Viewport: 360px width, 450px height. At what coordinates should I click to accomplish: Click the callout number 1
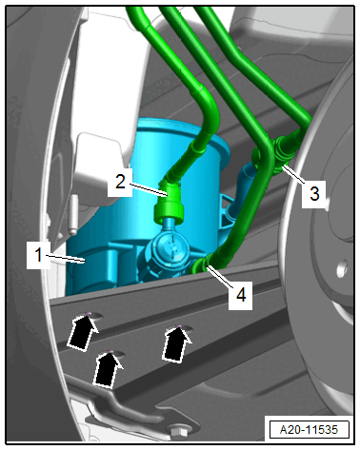tap(38, 255)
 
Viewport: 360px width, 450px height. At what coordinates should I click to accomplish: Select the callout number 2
tap(120, 182)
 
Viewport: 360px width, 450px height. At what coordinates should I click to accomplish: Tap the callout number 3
tap(314, 193)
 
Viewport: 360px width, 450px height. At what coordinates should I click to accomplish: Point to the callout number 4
tap(241, 295)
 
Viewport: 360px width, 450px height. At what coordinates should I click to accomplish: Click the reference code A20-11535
tap(309, 430)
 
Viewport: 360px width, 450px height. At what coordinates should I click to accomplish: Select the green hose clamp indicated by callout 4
tap(201, 265)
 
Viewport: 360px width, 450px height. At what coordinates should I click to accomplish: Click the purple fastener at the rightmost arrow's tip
tap(179, 326)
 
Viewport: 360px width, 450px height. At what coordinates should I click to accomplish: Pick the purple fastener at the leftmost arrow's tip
tap(90, 313)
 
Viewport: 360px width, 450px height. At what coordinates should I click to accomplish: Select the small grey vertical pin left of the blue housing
tap(73, 215)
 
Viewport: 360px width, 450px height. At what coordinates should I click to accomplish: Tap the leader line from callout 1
tap(66, 258)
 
